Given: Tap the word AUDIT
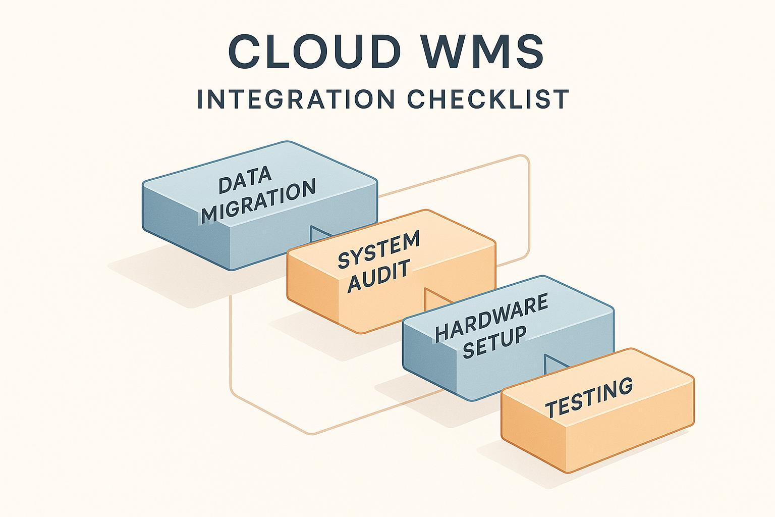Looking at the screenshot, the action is [x=379, y=276].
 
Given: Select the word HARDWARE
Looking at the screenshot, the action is [x=491, y=318].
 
